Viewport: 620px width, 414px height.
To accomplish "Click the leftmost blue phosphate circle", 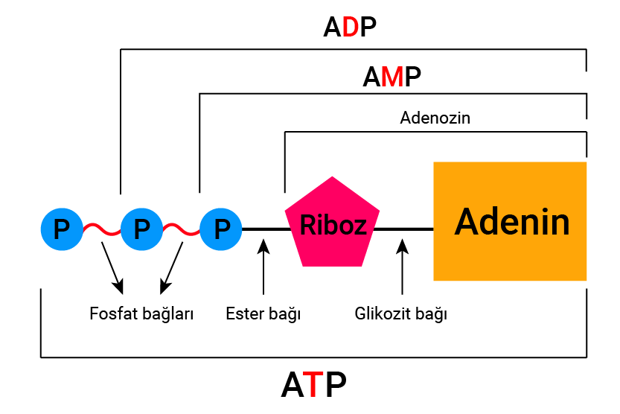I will (x=62, y=229).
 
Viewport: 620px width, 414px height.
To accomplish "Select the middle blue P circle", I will (x=141, y=229).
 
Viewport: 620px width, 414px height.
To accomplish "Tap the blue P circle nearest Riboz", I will (x=221, y=229).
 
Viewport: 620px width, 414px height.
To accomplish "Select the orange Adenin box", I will (x=510, y=221).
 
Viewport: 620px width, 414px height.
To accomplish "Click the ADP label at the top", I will (x=350, y=28).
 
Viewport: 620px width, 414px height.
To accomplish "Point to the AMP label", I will (x=392, y=77).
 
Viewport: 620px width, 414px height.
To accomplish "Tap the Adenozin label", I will (x=435, y=118).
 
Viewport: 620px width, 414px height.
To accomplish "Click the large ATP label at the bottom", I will (x=313, y=385).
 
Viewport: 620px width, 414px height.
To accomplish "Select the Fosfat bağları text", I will (x=141, y=313).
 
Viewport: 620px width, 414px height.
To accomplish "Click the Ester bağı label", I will (x=263, y=313).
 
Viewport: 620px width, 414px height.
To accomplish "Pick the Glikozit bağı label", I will (x=401, y=313).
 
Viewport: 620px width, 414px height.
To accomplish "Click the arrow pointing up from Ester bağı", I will (x=263, y=268).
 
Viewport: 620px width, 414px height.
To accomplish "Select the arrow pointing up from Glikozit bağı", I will (x=402, y=268).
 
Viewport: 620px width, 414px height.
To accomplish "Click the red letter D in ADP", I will (x=351, y=28).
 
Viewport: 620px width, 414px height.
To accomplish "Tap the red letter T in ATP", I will (x=315, y=385).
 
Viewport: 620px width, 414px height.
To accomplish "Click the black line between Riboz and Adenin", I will (x=406, y=229).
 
